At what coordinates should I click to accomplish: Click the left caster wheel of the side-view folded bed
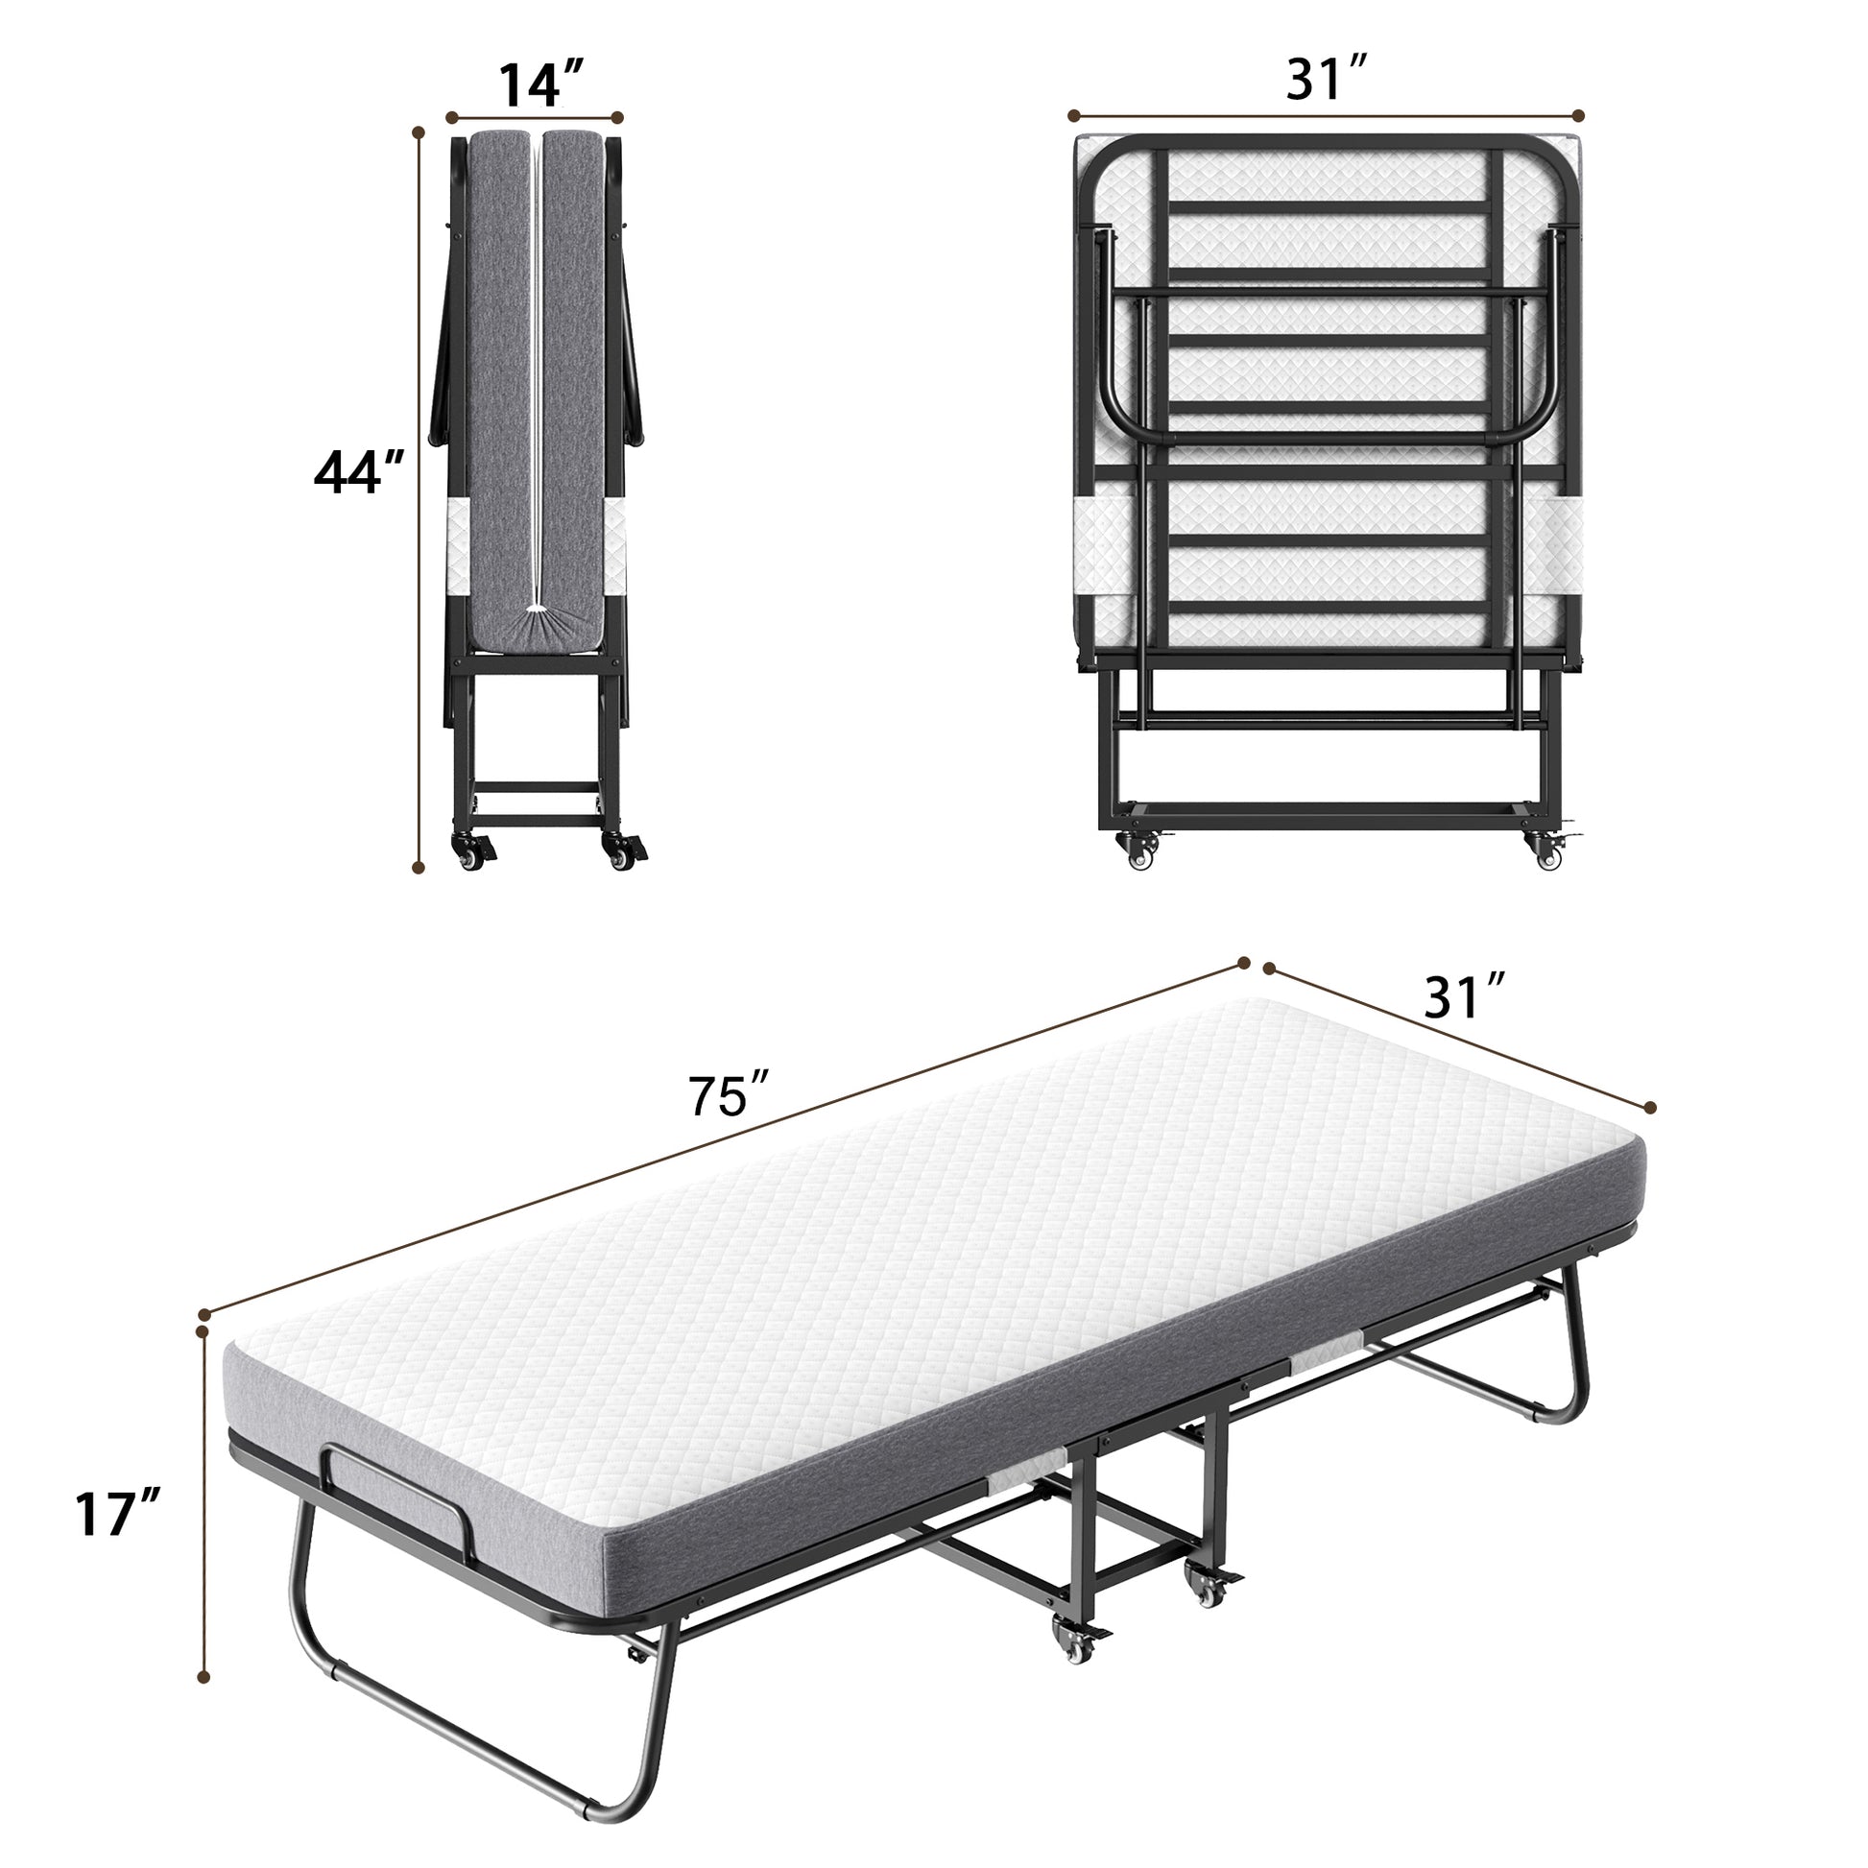473,852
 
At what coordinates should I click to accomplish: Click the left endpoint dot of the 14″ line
450,117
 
